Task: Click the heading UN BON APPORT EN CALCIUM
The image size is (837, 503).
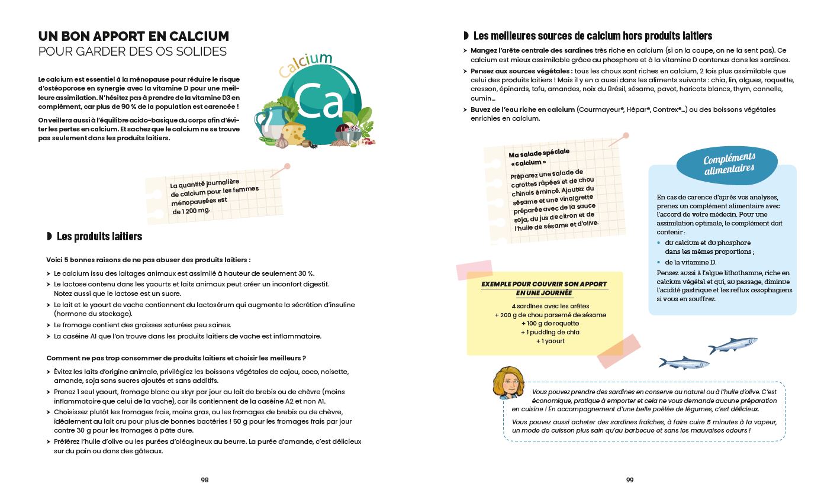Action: [x=133, y=36]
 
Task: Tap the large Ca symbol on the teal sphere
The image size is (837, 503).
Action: [x=319, y=101]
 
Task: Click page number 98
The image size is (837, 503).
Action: [x=205, y=480]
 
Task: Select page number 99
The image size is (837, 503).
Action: [x=630, y=480]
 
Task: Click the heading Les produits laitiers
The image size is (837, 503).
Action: [x=99, y=237]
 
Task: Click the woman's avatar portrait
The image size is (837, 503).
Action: [x=508, y=383]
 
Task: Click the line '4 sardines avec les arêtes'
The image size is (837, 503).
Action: [x=542, y=306]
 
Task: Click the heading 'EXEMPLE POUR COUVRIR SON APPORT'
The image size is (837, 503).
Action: [x=543, y=284]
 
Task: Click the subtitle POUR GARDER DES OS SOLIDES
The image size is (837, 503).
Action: [x=132, y=51]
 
